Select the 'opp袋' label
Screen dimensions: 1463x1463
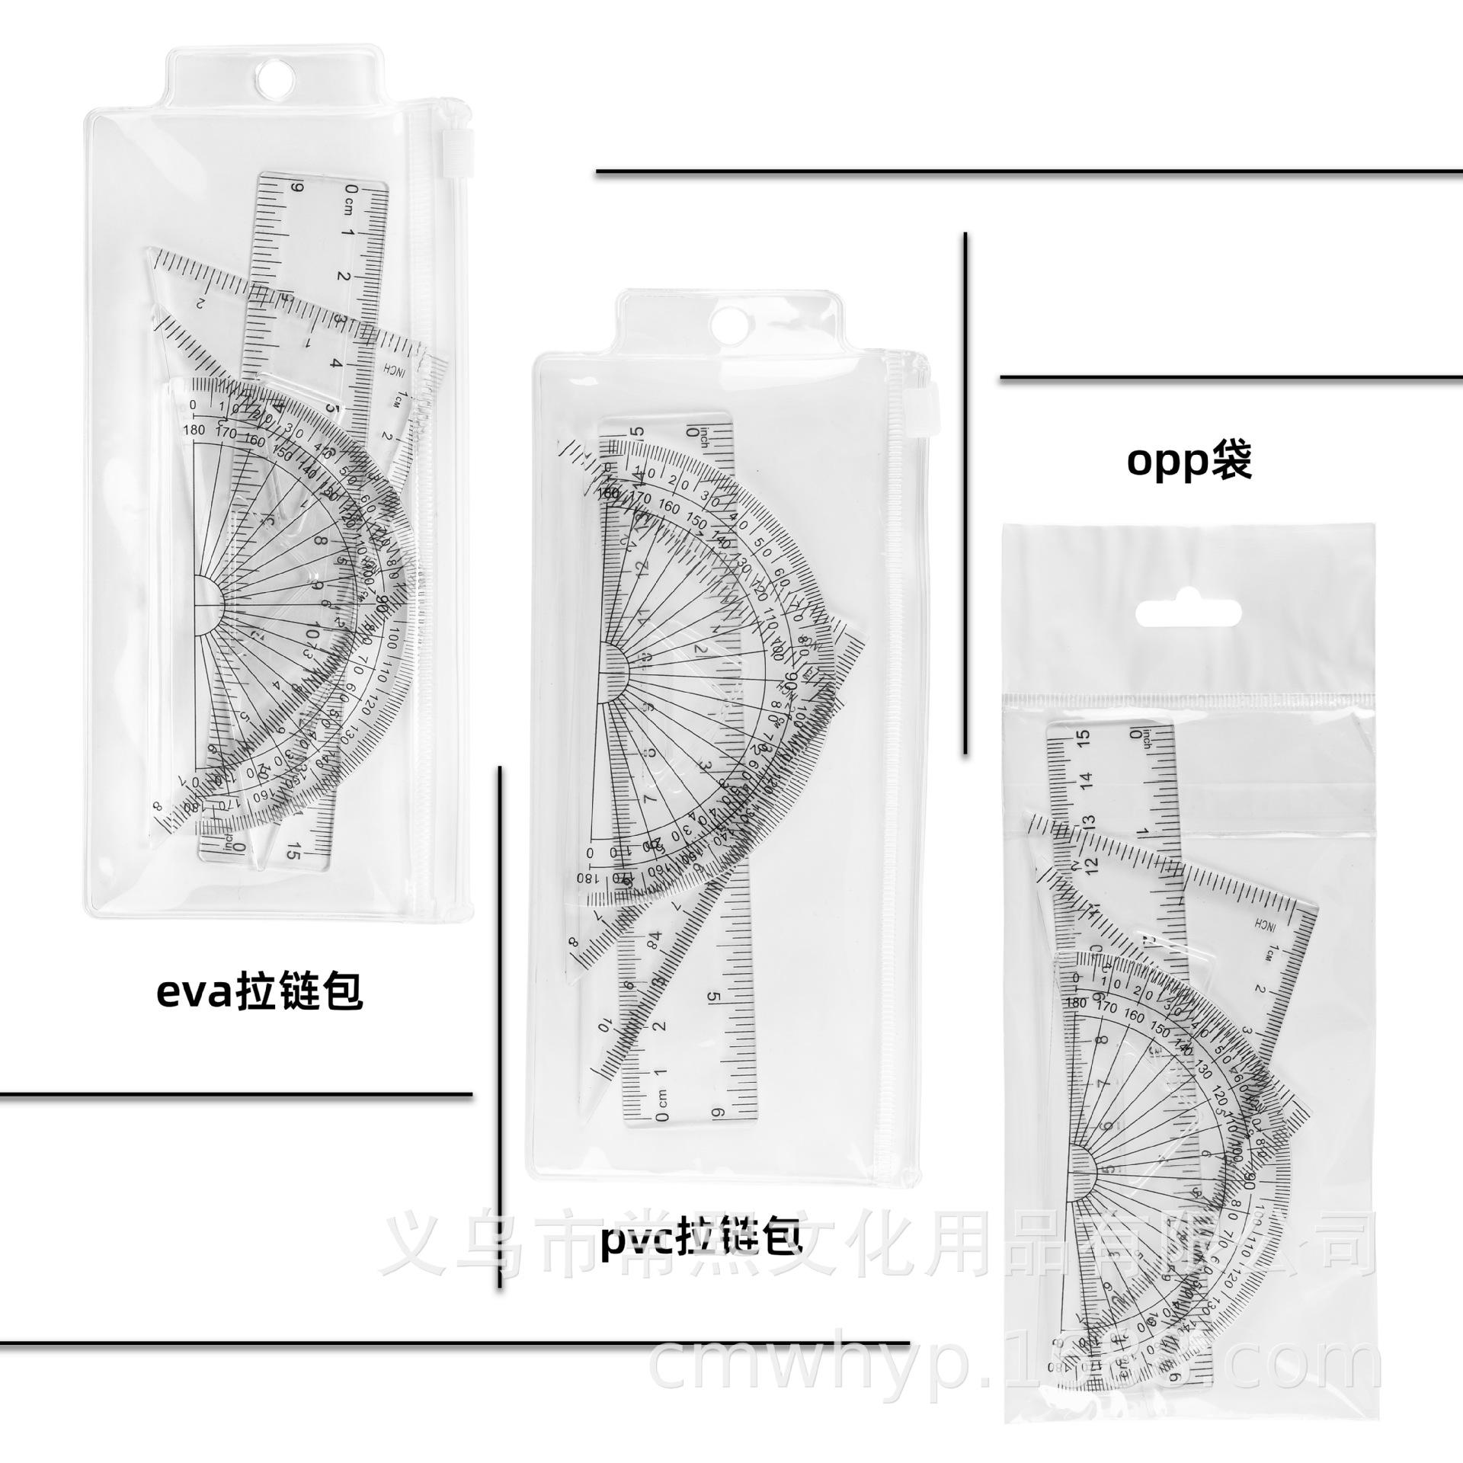tap(1189, 462)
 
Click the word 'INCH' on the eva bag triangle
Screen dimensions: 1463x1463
tap(386, 371)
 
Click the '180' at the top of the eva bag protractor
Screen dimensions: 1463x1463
tap(194, 429)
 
